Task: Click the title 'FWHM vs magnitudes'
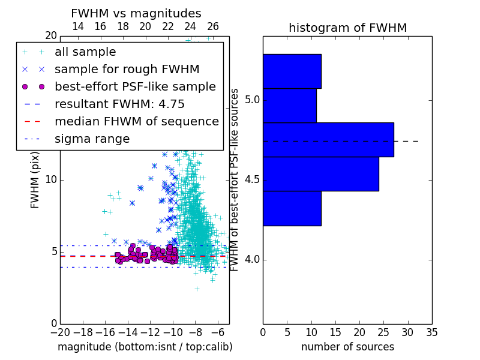click(x=136, y=13)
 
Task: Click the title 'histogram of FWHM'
click(x=348, y=28)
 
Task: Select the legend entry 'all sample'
click(x=85, y=52)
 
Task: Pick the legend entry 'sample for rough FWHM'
click(x=127, y=70)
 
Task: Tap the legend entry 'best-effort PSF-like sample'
click(x=136, y=87)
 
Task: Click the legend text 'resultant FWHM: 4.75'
click(x=119, y=104)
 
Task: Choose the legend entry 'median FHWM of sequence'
click(x=137, y=122)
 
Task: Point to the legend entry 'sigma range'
click(x=92, y=139)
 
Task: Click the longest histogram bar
click(x=328, y=140)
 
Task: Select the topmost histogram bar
click(x=292, y=71)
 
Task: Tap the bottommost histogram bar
click(x=292, y=208)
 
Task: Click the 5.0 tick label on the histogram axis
click(x=252, y=100)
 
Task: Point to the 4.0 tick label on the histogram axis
click(x=252, y=260)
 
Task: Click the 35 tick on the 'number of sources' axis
click(x=432, y=333)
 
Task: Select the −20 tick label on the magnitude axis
click(x=61, y=333)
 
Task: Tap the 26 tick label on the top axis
click(x=213, y=26)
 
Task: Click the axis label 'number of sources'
click(x=348, y=347)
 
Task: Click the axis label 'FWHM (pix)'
click(x=35, y=181)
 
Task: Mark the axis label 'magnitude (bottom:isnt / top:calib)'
click(x=145, y=347)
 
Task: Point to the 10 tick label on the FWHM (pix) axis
click(x=51, y=180)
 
